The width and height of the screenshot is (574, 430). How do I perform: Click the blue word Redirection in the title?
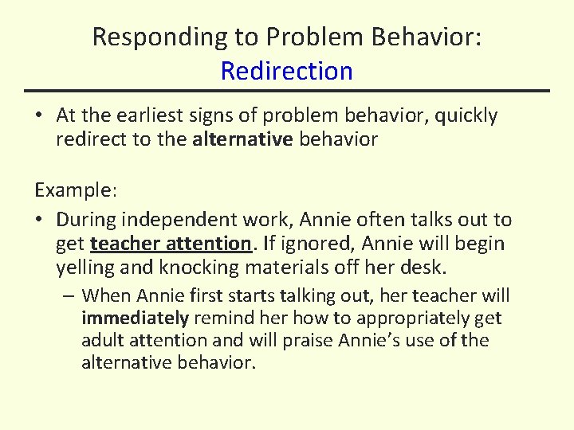tap(286, 71)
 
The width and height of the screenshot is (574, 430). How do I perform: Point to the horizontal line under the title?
tap(287, 91)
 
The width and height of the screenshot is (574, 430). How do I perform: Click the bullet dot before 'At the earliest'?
tap(39, 116)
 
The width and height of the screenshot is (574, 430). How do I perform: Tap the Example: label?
tap(76, 191)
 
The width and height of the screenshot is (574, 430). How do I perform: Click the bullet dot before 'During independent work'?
tap(39, 220)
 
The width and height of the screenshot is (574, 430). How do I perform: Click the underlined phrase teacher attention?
tap(171, 243)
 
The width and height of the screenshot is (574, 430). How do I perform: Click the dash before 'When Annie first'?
tap(69, 296)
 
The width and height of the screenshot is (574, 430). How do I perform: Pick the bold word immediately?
tap(135, 319)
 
